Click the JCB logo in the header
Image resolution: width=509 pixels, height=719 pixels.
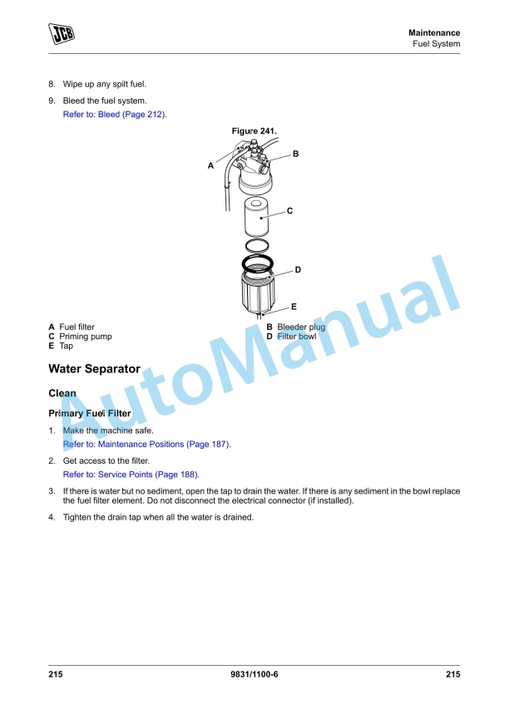[61, 34]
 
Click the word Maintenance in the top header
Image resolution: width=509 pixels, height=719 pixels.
[433, 32]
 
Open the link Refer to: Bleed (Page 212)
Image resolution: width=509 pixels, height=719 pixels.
[115, 114]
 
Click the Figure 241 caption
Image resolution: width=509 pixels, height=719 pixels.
[254, 131]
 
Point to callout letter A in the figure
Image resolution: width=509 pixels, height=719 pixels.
[210, 165]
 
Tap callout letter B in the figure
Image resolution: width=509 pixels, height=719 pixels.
[295, 154]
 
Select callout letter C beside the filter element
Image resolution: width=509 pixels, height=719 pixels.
[289, 211]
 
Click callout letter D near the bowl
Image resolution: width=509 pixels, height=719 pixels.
[297, 269]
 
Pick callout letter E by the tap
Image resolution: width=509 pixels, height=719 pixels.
[294, 307]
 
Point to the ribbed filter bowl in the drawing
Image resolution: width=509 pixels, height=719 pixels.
[257, 291]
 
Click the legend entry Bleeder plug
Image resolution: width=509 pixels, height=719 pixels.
[301, 327]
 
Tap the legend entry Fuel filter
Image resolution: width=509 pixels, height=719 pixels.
[77, 327]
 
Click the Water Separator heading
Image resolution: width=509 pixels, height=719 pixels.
[94, 368]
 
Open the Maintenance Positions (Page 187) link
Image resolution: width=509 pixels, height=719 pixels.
[146, 444]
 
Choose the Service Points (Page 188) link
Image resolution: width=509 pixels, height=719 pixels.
[131, 474]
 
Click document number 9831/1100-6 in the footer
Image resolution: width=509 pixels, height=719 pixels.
[254, 674]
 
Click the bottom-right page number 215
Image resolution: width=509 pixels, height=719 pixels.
[452, 674]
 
